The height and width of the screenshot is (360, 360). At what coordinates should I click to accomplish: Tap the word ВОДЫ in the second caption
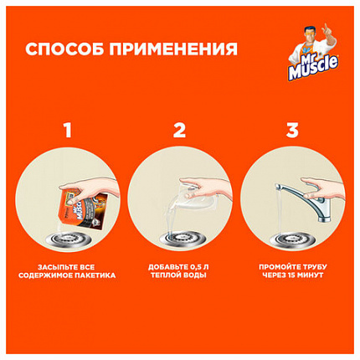[x=197, y=278]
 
